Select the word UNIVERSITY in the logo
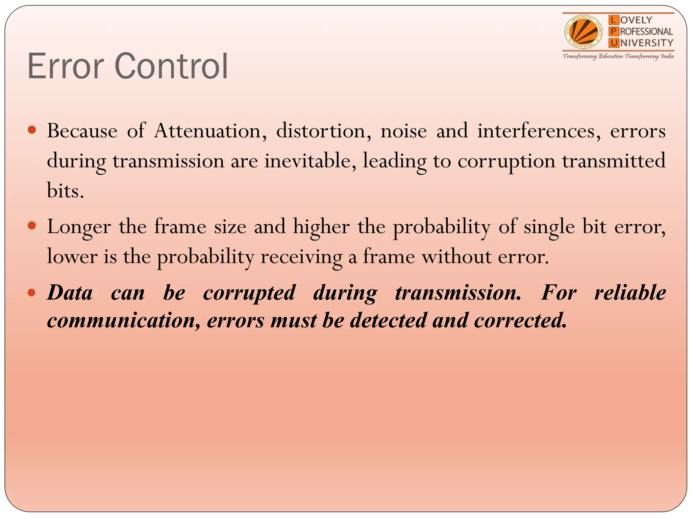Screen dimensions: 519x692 click(x=641, y=43)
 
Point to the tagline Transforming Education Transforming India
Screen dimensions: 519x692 click(x=618, y=56)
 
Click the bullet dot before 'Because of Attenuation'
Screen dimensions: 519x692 click(x=32, y=130)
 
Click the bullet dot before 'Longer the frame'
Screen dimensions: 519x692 click(x=32, y=225)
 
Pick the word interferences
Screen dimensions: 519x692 click(x=539, y=131)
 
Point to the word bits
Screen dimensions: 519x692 click(x=65, y=191)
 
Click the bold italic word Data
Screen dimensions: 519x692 click(x=70, y=293)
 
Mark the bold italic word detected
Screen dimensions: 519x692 click(x=388, y=321)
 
